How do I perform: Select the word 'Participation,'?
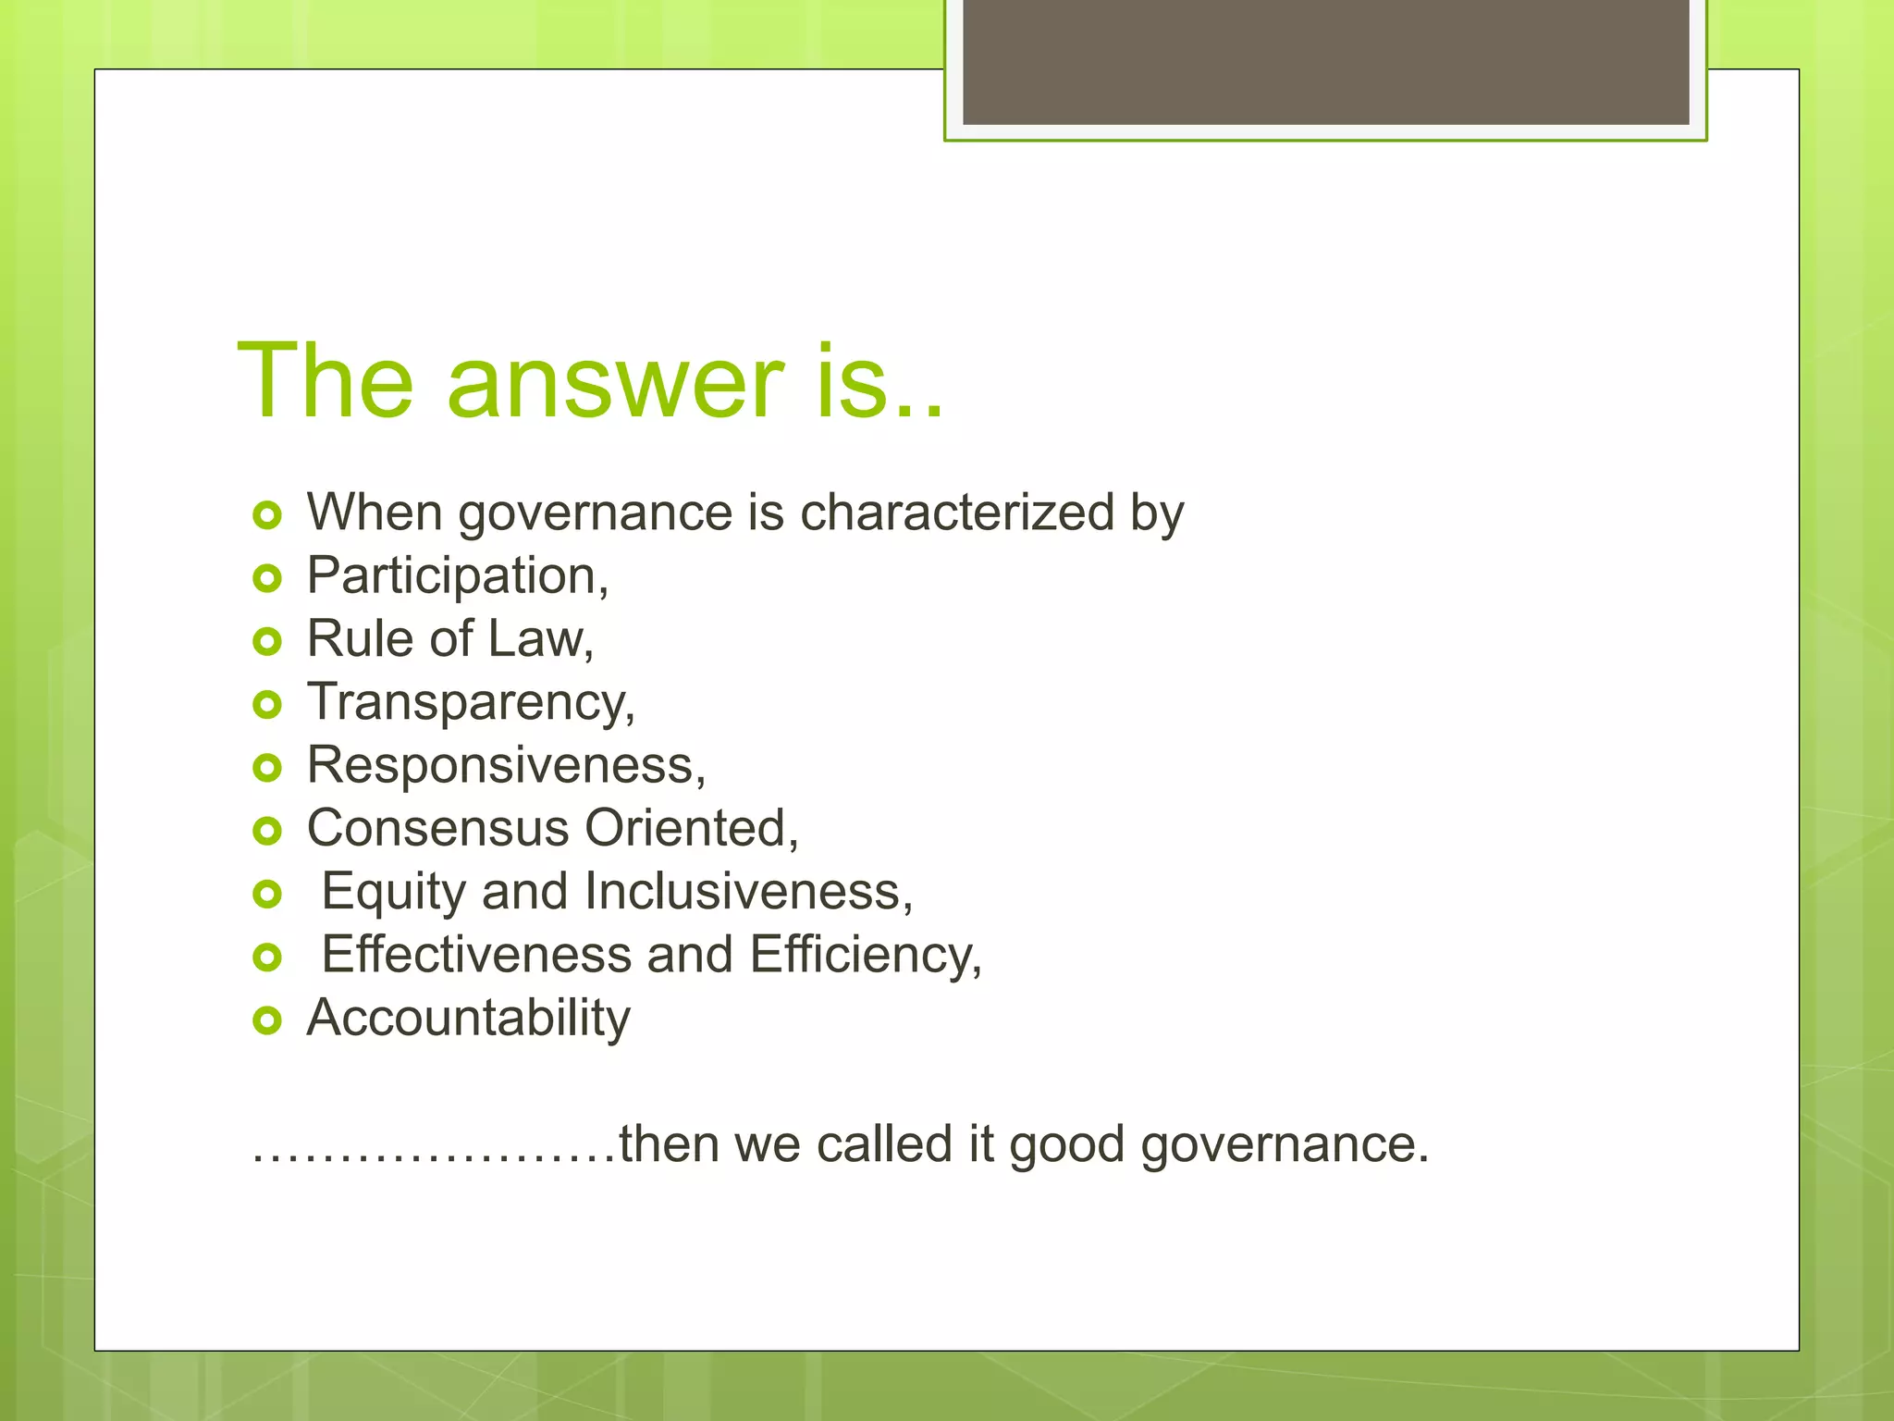[x=458, y=577]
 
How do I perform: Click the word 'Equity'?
[x=393, y=893]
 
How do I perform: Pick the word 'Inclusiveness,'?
[x=748, y=892]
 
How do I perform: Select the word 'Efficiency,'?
[x=866, y=955]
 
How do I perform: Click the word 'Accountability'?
[x=469, y=1019]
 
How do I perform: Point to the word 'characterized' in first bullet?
[x=957, y=513]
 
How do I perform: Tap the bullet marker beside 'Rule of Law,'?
[x=266, y=641]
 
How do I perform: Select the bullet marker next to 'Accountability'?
[x=266, y=1020]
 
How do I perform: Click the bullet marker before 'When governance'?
[x=266, y=515]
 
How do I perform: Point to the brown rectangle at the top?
[x=1325, y=63]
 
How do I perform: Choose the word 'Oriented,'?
[x=692, y=828]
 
